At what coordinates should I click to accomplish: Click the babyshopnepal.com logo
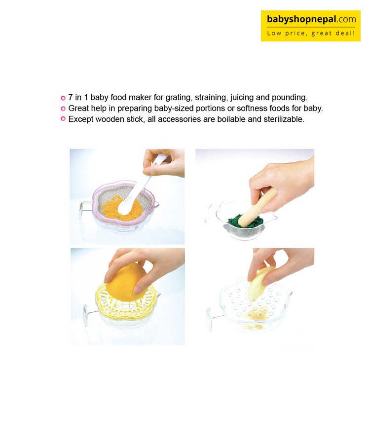(310, 26)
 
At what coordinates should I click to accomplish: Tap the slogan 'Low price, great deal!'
(311, 34)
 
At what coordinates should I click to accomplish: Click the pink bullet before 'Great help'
(63, 109)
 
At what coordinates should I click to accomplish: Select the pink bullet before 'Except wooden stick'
(63, 119)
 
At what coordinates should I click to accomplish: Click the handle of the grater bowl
(212, 317)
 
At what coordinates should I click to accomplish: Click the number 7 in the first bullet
(71, 98)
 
